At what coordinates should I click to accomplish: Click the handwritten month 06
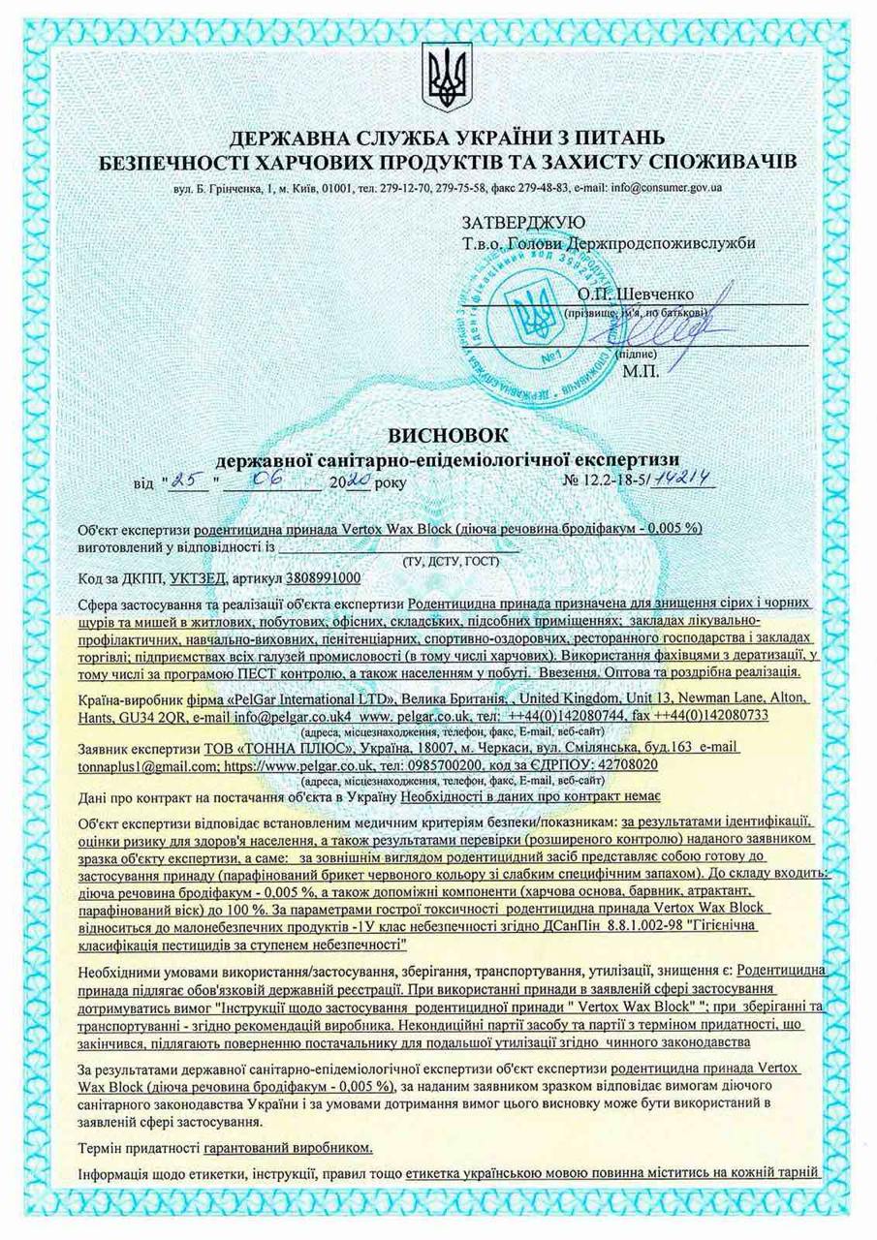pos(270,479)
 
